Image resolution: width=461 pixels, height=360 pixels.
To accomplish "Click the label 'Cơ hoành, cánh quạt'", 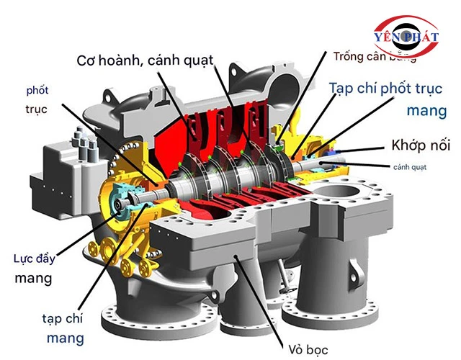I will (145, 60).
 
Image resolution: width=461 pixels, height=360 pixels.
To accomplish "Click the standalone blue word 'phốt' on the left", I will (37, 90).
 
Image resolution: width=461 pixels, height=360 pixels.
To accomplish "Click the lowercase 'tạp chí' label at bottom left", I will (63, 318).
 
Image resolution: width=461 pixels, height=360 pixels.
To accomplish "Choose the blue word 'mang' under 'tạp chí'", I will (65, 338).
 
